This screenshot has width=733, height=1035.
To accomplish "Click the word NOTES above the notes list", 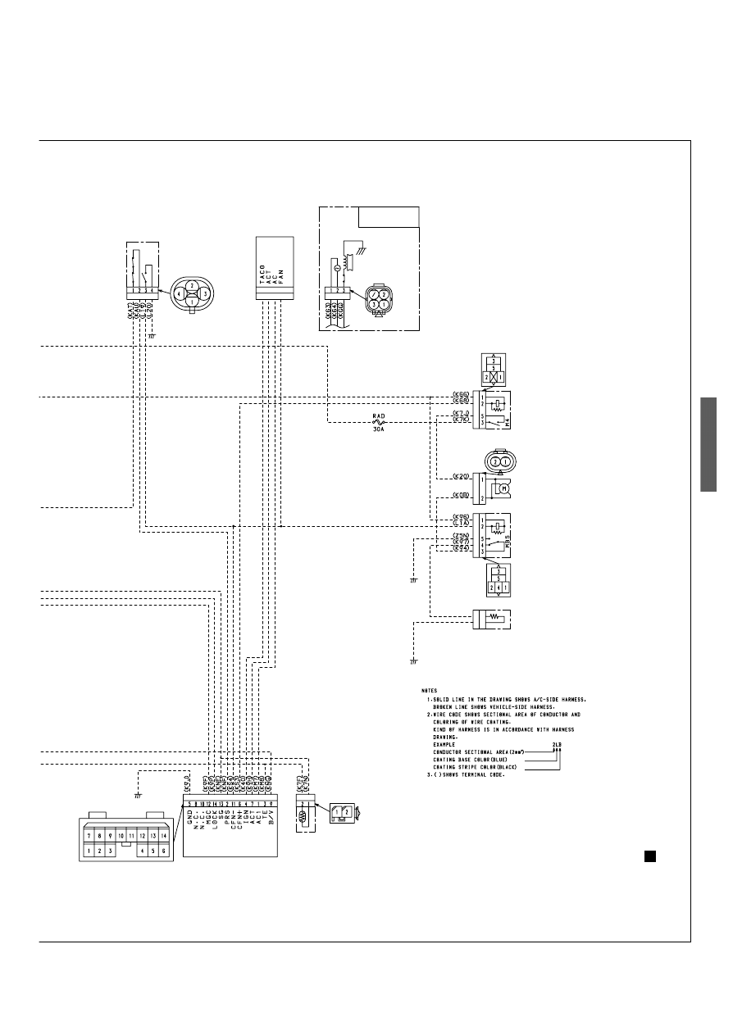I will (429, 690).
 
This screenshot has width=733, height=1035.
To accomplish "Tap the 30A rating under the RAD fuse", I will (379, 428).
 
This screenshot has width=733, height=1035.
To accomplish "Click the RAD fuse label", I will (379, 415).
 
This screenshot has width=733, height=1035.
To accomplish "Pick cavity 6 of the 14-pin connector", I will (164, 851).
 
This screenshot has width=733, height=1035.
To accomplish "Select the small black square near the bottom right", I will (648, 856).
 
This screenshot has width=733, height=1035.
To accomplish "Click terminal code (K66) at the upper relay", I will (461, 394).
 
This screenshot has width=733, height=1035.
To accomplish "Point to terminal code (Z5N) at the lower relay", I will (461, 536).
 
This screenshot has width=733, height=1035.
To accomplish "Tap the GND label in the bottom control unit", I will (188, 819).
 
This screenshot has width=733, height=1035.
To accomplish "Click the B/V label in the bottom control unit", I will (270, 819).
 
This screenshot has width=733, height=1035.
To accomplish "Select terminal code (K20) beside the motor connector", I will (461, 476).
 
